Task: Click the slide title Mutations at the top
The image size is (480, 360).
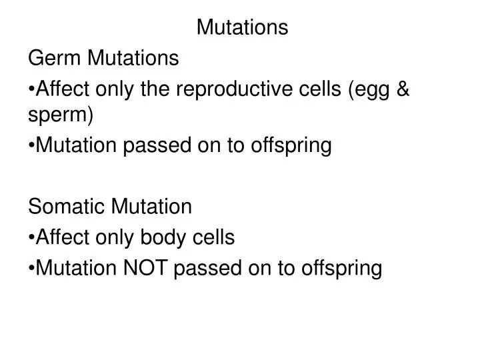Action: pyautogui.click(x=243, y=27)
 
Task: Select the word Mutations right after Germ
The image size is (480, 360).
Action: pyautogui.click(x=134, y=59)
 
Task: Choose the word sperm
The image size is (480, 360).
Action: pyautogui.click(x=61, y=116)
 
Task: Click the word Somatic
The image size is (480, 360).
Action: pyautogui.click(x=66, y=207)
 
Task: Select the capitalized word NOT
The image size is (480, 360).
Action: pyautogui.click(x=145, y=268)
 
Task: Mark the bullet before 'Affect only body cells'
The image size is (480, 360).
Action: pyautogui.click(x=31, y=237)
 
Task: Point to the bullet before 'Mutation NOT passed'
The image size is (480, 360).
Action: pyautogui.click(x=31, y=268)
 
